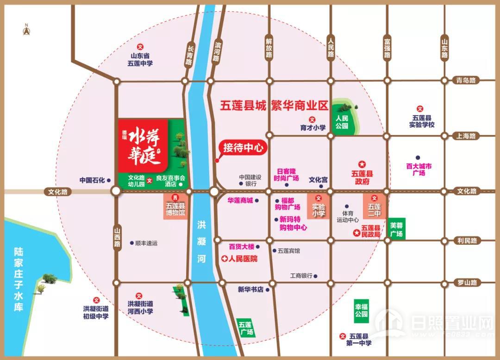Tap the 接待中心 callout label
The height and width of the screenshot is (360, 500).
(x=243, y=148)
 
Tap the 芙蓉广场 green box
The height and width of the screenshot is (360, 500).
(x=397, y=229)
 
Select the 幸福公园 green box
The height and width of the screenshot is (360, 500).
(x=361, y=310)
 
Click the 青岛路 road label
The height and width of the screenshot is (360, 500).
(x=466, y=80)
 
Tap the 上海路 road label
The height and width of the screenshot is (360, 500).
(x=466, y=136)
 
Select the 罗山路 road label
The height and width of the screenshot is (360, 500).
(x=467, y=282)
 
